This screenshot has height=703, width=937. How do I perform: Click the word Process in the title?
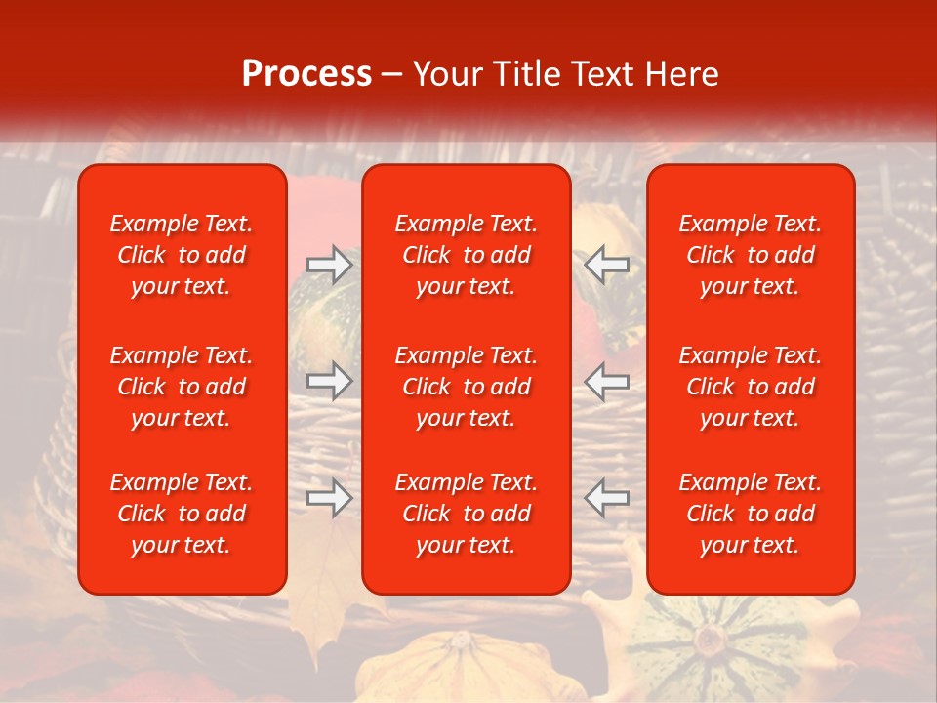(x=306, y=74)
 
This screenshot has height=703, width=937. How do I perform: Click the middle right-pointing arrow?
(x=329, y=381)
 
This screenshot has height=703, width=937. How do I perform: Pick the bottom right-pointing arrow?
(x=329, y=498)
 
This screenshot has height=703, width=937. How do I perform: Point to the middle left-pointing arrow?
(x=607, y=381)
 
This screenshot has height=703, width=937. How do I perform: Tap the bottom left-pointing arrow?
(x=607, y=498)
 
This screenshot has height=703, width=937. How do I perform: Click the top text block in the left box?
(x=182, y=255)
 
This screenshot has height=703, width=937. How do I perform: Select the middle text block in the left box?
(x=182, y=387)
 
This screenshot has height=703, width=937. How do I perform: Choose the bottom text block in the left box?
(x=182, y=514)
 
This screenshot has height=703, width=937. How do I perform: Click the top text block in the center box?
(x=467, y=255)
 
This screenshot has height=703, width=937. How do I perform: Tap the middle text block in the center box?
(x=467, y=387)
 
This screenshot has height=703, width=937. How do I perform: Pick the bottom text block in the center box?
(x=467, y=514)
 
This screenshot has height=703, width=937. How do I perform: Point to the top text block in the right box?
(x=751, y=255)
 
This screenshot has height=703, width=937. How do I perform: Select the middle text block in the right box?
(x=751, y=387)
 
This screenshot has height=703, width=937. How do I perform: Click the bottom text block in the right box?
(x=751, y=514)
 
